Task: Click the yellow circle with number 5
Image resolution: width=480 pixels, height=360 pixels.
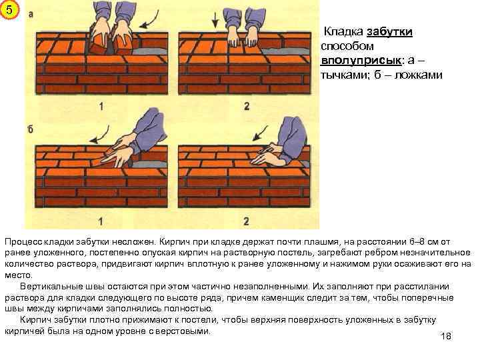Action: (9, 10)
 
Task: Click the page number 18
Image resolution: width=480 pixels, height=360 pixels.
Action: (446, 336)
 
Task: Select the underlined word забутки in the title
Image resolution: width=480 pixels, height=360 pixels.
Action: (389, 31)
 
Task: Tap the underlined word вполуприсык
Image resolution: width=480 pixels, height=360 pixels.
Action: (361, 60)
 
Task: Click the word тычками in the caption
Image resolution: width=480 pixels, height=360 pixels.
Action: (343, 75)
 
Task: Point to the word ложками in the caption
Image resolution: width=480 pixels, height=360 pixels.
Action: (419, 75)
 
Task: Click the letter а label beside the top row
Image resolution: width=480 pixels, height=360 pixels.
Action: (31, 14)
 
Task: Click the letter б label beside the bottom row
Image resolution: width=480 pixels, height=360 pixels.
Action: (30, 129)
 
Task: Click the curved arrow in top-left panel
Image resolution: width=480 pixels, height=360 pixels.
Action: (149, 21)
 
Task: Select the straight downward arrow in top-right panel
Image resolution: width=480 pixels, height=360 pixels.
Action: (215, 21)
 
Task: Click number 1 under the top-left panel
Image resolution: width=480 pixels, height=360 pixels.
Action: (101, 107)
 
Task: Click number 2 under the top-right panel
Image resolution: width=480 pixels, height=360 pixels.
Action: (247, 107)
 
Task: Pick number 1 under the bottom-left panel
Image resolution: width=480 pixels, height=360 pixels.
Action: (101, 221)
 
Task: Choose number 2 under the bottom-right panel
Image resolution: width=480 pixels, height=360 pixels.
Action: (246, 221)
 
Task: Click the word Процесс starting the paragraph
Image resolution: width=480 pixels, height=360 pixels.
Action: (24, 242)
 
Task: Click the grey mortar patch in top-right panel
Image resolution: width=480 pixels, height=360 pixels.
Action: (286, 51)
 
